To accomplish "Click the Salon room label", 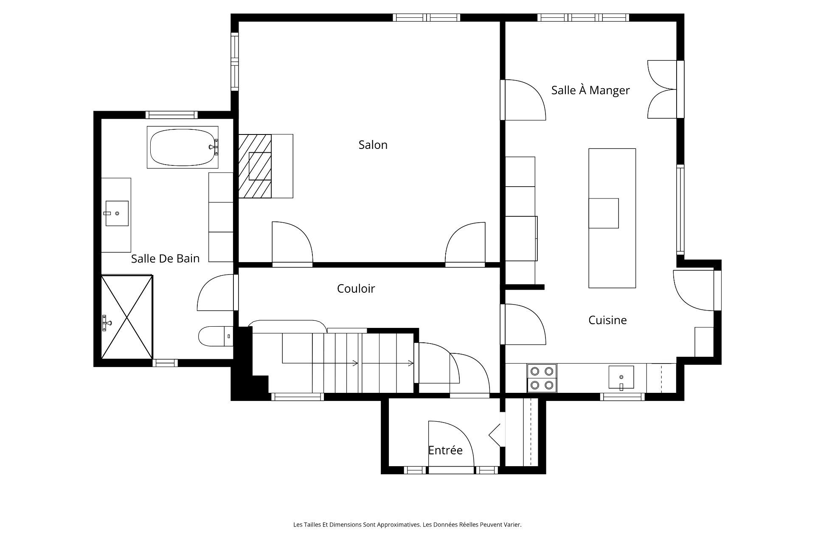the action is (x=373, y=145).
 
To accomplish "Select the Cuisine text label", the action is (x=607, y=320).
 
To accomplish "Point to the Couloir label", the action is (x=356, y=288).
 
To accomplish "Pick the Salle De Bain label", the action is (x=165, y=258).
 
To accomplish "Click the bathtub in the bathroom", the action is (x=183, y=147).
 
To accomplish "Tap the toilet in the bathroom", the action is (x=216, y=336).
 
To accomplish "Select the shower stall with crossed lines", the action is (x=127, y=316).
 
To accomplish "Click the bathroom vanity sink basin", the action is (x=117, y=213).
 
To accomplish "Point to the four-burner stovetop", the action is (x=542, y=378).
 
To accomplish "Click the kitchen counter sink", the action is (x=621, y=377).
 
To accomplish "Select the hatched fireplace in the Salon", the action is (x=255, y=166).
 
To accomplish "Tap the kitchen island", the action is (x=612, y=218).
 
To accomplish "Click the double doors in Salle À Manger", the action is (x=662, y=89).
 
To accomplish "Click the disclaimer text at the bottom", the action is (x=407, y=525).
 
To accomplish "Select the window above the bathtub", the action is (x=171, y=115).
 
